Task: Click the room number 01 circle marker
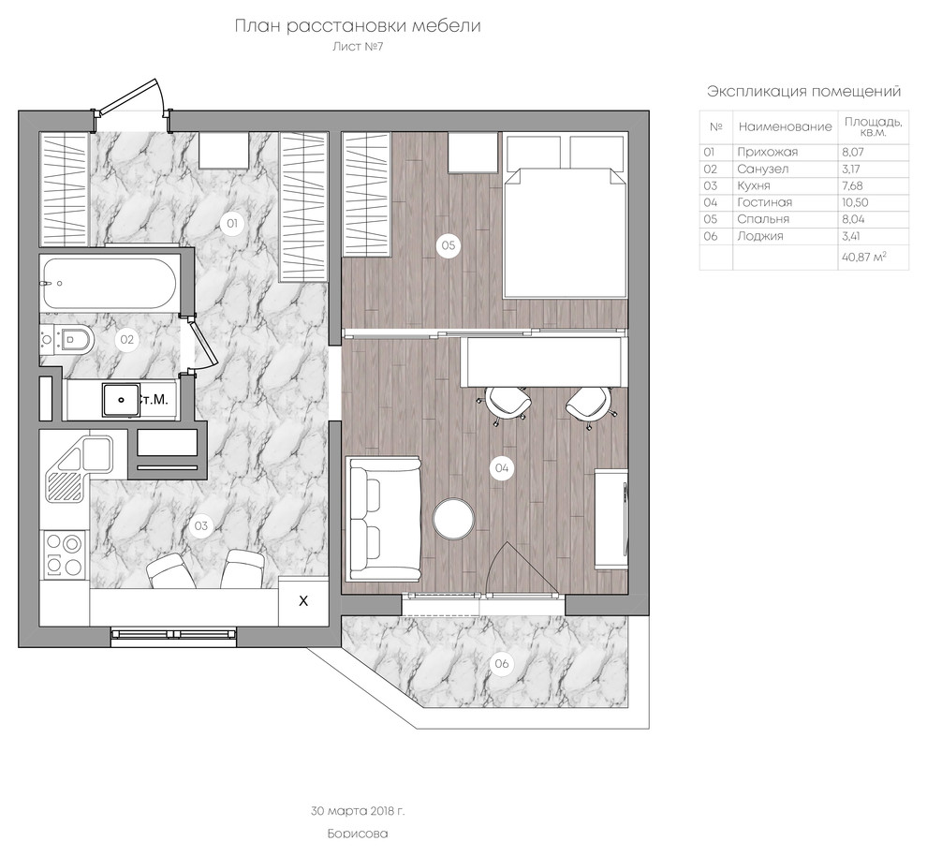click(232, 223)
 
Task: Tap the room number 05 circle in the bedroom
click(449, 244)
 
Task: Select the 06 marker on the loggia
click(501, 663)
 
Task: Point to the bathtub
click(109, 283)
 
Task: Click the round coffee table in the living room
click(453, 519)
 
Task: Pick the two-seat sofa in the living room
click(384, 518)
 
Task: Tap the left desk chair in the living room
click(507, 403)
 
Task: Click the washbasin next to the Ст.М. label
click(121, 400)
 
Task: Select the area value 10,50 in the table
click(855, 202)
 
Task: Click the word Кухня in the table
click(753, 185)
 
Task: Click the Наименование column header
click(785, 126)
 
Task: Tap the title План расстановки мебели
click(358, 26)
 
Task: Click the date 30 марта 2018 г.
click(358, 811)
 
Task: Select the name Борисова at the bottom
click(358, 834)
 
